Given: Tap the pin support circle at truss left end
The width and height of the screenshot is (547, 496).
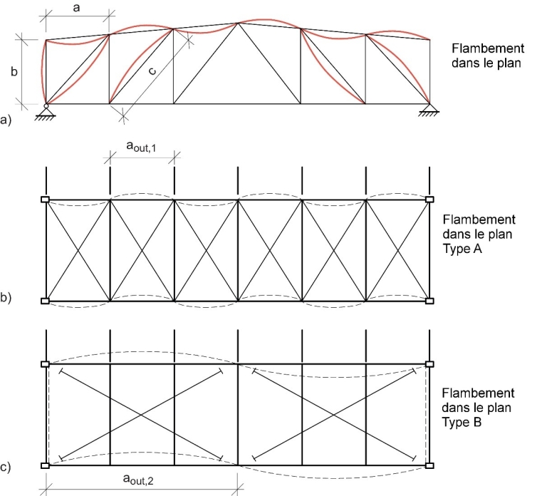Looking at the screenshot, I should [x=46, y=106].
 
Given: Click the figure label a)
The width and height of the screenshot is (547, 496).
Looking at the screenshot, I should [x=6, y=121].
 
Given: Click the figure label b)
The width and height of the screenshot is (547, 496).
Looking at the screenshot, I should [x=6, y=299].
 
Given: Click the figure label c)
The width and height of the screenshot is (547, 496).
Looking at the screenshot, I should [x=6, y=467].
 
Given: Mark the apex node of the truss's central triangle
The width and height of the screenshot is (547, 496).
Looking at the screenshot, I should [x=238, y=23].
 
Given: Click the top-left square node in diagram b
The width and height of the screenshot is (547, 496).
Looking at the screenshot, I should [x=45, y=200].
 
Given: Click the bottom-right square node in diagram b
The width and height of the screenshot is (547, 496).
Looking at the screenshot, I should [x=429, y=301].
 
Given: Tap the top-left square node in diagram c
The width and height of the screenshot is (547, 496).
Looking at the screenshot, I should [x=45, y=364].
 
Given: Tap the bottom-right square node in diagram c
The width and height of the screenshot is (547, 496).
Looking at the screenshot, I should [x=429, y=465].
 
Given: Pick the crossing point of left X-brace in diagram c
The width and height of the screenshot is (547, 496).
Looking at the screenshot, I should [x=141, y=415].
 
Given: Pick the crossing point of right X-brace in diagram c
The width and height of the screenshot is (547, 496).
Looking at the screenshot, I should [x=334, y=415].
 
